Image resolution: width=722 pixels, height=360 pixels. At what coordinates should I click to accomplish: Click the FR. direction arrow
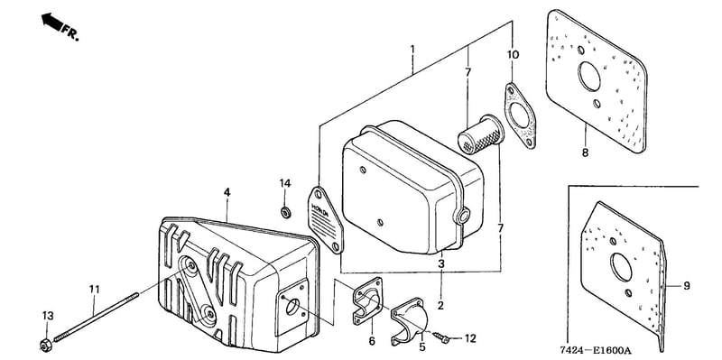point(52,22)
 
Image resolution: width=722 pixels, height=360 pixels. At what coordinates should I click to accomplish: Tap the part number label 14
point(285,183)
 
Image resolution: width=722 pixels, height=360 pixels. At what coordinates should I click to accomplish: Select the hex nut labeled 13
point(46,345)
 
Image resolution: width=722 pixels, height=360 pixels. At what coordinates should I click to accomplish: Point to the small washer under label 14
point(285,212)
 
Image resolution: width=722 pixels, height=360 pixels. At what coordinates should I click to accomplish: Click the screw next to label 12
point(440,338)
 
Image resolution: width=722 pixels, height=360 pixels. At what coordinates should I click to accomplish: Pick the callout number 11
point(95,290)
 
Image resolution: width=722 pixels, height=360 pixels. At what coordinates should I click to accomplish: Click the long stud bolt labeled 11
point(97,318)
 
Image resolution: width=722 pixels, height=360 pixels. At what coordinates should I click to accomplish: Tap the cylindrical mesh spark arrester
point(481,133)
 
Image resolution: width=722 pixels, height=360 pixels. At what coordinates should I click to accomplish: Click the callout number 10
point(513,55)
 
